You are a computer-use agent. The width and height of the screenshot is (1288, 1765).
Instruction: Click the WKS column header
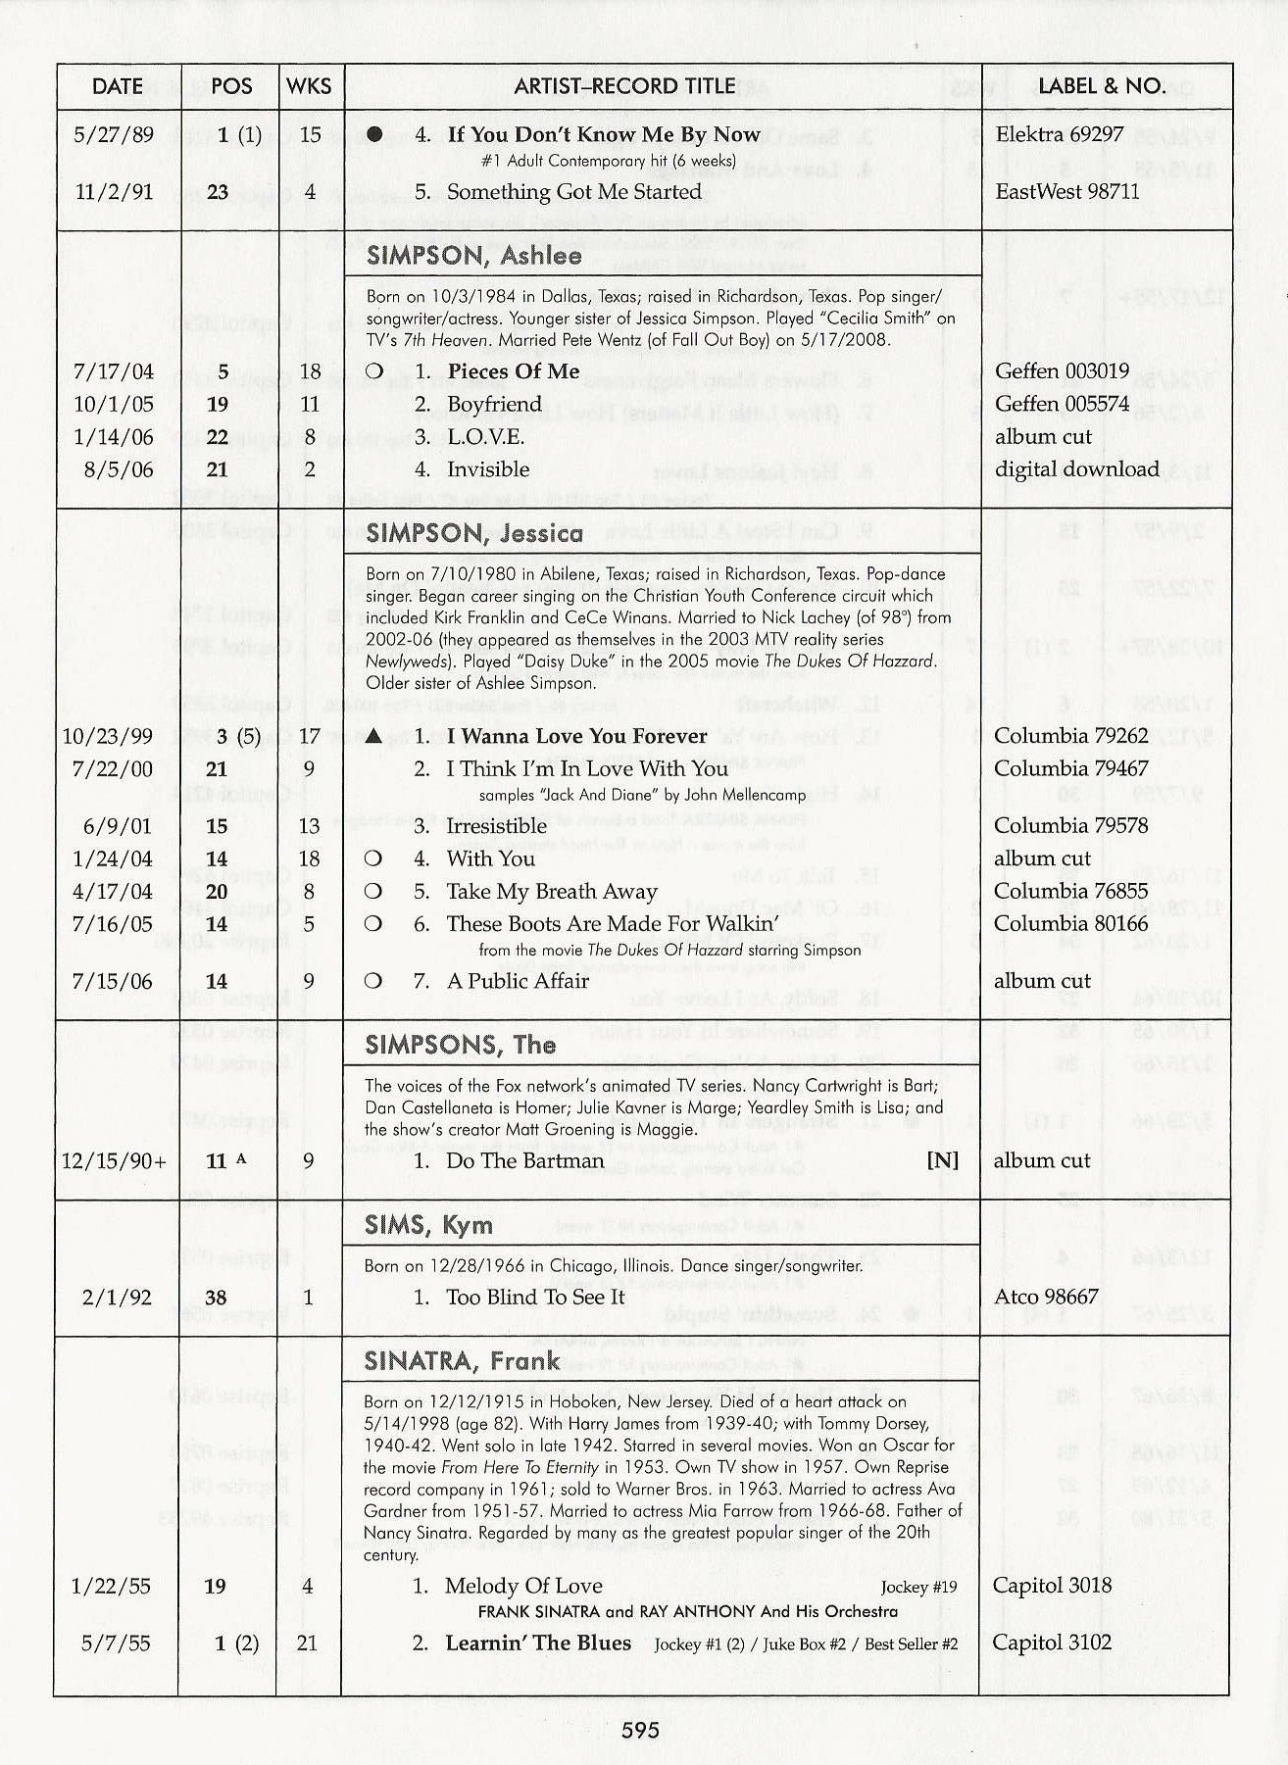[309, 86]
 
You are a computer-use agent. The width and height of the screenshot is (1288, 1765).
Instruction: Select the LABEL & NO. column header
[1102, 86]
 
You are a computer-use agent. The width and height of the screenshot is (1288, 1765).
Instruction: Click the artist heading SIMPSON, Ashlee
[473, 256]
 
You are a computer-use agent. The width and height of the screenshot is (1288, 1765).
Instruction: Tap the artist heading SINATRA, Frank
[462, 1360]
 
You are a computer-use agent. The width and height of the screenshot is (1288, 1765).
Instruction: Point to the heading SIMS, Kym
[428, 1225]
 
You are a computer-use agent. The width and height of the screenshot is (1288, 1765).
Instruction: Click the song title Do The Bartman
[524, 1161]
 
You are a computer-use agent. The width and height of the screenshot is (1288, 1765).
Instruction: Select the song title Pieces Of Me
[513, 371]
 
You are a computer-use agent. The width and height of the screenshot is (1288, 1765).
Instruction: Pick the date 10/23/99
[111, 736]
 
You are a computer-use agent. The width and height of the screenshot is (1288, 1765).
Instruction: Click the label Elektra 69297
[1059, 134]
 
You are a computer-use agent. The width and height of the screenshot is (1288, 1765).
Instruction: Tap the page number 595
[640, 1730]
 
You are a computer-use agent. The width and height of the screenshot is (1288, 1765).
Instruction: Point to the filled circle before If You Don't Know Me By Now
[374, 135]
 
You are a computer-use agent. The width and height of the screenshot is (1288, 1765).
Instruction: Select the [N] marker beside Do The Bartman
[942, 1161]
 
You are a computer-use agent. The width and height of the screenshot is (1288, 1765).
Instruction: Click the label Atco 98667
[1046, 1298]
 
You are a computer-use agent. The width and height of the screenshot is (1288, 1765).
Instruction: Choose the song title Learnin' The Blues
[537, 1642]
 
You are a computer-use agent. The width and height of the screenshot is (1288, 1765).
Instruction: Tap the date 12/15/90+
[114, 1161]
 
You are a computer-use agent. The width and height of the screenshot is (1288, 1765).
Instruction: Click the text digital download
[1076, 469]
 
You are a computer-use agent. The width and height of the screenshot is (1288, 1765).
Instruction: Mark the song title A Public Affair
[518, 981]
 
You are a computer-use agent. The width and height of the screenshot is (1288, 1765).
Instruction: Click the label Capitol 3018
[1052, 1586]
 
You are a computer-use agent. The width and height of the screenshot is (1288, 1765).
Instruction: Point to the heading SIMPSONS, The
[460, 1045]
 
